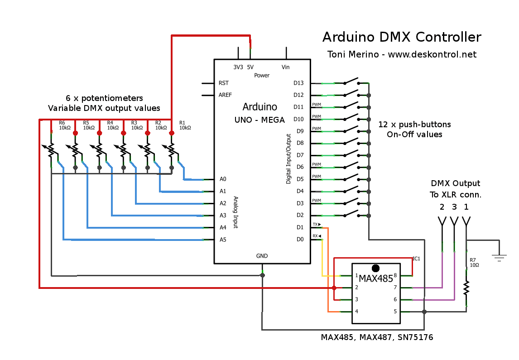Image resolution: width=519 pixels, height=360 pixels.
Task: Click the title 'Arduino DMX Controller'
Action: [x=401, y=37]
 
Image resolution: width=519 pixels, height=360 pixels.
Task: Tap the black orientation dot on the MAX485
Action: [x=375, y=269]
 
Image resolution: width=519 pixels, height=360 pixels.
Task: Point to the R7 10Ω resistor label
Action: [x=473, y=263]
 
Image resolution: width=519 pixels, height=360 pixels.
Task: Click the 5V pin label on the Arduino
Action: [x=250, y=67]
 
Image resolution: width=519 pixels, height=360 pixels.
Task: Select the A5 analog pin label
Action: [x=223, y=240]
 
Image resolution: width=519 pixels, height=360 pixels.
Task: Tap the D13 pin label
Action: [x=298, y=83]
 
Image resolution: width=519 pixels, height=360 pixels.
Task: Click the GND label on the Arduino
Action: [x=262, y=256]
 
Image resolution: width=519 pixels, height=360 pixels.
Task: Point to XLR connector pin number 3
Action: [x=454, y=207]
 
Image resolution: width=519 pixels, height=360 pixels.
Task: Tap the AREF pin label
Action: [x=225, y=95]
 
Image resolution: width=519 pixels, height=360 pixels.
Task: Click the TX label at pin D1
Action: [x=316, y=224]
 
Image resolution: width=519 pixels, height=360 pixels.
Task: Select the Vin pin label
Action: [x=286, y=67]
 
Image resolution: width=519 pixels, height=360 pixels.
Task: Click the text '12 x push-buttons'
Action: [x=414, y=124]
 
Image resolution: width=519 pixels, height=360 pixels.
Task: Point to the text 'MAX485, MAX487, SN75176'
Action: [x=377, y=337]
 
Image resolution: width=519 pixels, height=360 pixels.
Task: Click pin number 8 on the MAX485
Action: [x=395, y=275]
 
